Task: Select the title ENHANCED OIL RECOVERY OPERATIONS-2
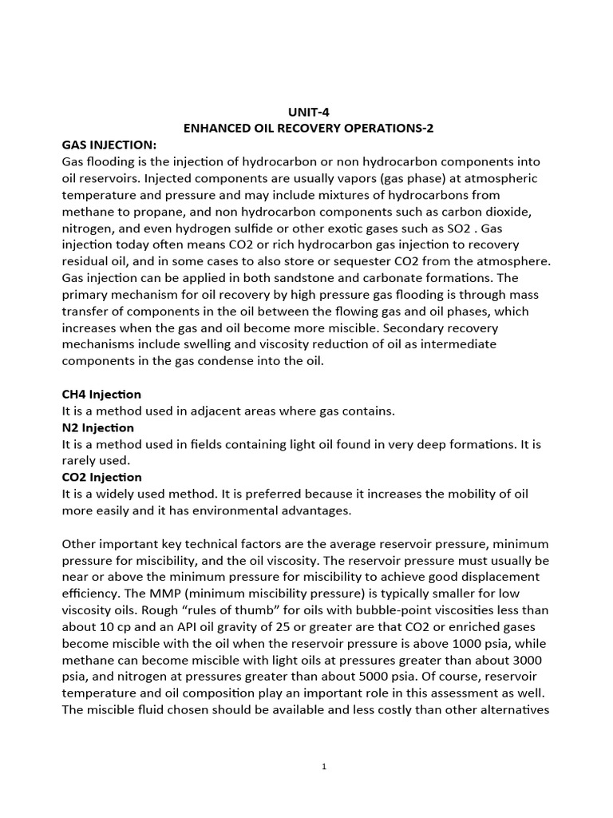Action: [x=306, y=128]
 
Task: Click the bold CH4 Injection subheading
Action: [x=101, y=395]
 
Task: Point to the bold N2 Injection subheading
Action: [x=98, y=428]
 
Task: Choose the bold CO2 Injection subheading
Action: [x=101, y=478]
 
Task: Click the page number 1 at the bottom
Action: [x=324, y=766]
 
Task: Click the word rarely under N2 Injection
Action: [x=81, y=462]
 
